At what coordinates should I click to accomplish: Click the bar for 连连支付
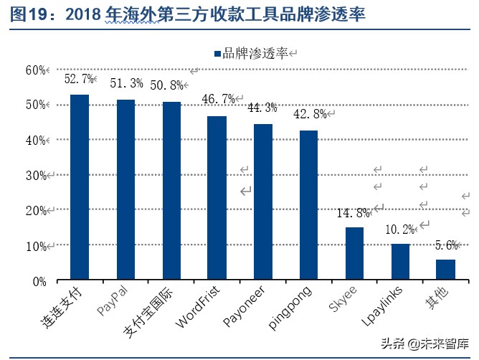[80, 186]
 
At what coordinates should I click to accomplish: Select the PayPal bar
[125, 189]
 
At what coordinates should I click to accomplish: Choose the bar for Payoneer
[263, 202]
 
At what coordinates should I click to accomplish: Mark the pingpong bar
[309, 204]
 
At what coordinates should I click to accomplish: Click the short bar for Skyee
[354, 254]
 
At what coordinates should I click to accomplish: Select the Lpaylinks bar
[400, 262]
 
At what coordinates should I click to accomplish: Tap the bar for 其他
[446, 270]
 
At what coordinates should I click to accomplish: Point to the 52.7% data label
[79, 80]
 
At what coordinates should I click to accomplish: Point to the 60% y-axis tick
[36, 70]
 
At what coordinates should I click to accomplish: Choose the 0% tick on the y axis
[39, 281]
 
